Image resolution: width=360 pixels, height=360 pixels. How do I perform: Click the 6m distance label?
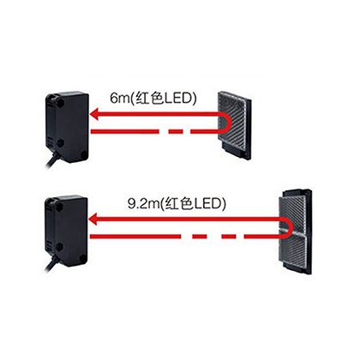click(x=153, y=99)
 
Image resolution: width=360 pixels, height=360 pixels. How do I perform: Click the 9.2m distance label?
click(x=177, y=204)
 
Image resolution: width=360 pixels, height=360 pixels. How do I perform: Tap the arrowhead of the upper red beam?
click(x=95, y=115)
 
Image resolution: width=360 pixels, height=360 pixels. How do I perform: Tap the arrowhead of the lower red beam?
click(x=94, y=219)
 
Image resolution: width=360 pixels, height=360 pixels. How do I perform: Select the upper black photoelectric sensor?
click(x=68, y=125)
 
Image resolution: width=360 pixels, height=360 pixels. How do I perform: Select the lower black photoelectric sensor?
click(x=67, y=231)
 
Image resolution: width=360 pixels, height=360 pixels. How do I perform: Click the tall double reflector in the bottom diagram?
click(x=296, y=231)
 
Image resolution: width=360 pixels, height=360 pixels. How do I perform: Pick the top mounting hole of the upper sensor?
click(x=60, y=103)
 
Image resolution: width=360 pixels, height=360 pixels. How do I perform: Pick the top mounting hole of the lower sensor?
click(x=59, y=207)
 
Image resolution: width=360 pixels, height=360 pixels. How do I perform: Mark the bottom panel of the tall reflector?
click(x=294, y=251)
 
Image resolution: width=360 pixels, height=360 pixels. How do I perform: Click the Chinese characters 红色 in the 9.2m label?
click(x=178, y=204)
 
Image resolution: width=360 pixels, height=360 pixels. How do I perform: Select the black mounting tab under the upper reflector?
click(x=237, y=152)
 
